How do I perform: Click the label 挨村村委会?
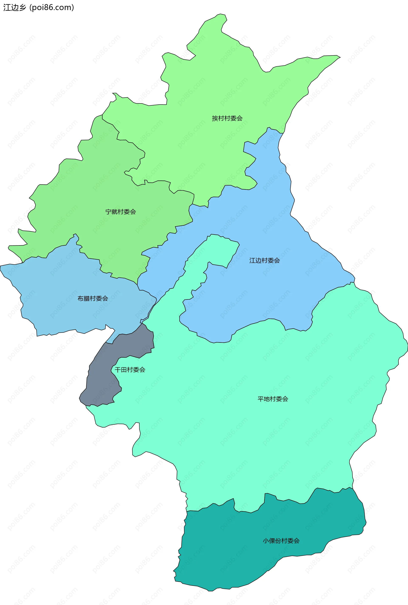(227, 118)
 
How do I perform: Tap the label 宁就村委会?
(120, 212)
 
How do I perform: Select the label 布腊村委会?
(93, 299)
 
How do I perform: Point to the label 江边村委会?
(264, 261)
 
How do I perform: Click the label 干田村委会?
(130, 370)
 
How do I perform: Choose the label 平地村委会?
(273, 399)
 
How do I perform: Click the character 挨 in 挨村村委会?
(215, 118)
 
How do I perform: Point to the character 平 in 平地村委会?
(261, 399)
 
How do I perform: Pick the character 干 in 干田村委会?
(118, 370)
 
